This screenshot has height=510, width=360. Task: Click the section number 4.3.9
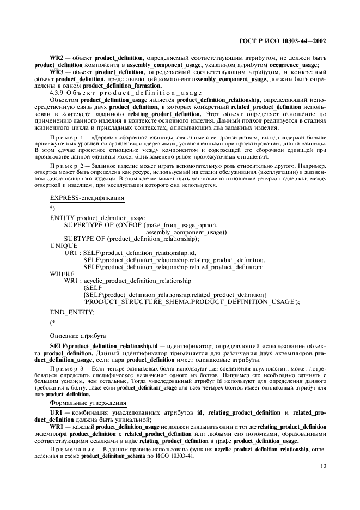pos(56,93)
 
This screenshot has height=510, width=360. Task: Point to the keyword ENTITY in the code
pos(62,217)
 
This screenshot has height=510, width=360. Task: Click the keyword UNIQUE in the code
pos(63,246)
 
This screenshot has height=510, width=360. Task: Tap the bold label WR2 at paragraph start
pos(57,57)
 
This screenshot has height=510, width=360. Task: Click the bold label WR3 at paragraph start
pos(57,71)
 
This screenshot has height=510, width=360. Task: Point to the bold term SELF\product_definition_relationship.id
pos(103,346)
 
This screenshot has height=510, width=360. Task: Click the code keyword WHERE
pos(62,274)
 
